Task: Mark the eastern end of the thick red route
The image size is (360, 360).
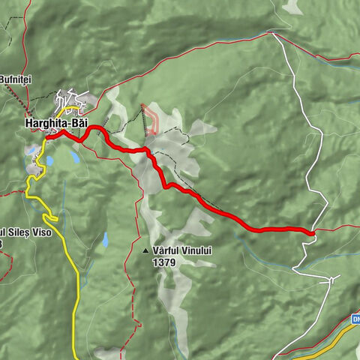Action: (310, 233)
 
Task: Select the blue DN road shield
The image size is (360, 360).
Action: (354, 320)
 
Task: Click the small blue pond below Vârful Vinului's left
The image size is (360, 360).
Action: (105, 239)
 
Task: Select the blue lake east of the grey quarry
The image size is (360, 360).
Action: (75, 157)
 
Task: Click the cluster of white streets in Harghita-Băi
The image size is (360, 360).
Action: (71, 101)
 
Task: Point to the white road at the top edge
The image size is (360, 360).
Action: (273, 34)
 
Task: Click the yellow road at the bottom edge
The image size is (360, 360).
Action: (75, 352)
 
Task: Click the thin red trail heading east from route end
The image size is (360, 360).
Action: (337, 226)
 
